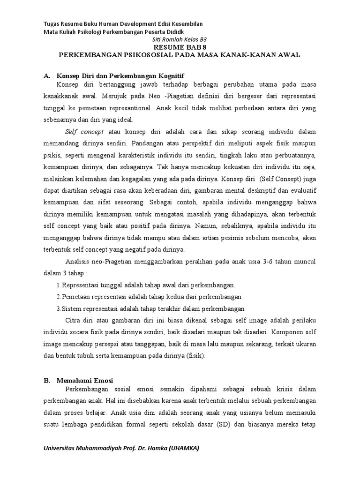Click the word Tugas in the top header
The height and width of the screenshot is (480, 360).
click(52, 24)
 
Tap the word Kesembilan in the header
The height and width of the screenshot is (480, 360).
click(185, 24)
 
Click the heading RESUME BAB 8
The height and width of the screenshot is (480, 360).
click(180, 48)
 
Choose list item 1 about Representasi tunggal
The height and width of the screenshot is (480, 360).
click(145, 285)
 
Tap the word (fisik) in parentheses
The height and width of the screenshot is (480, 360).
click(197, 355)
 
